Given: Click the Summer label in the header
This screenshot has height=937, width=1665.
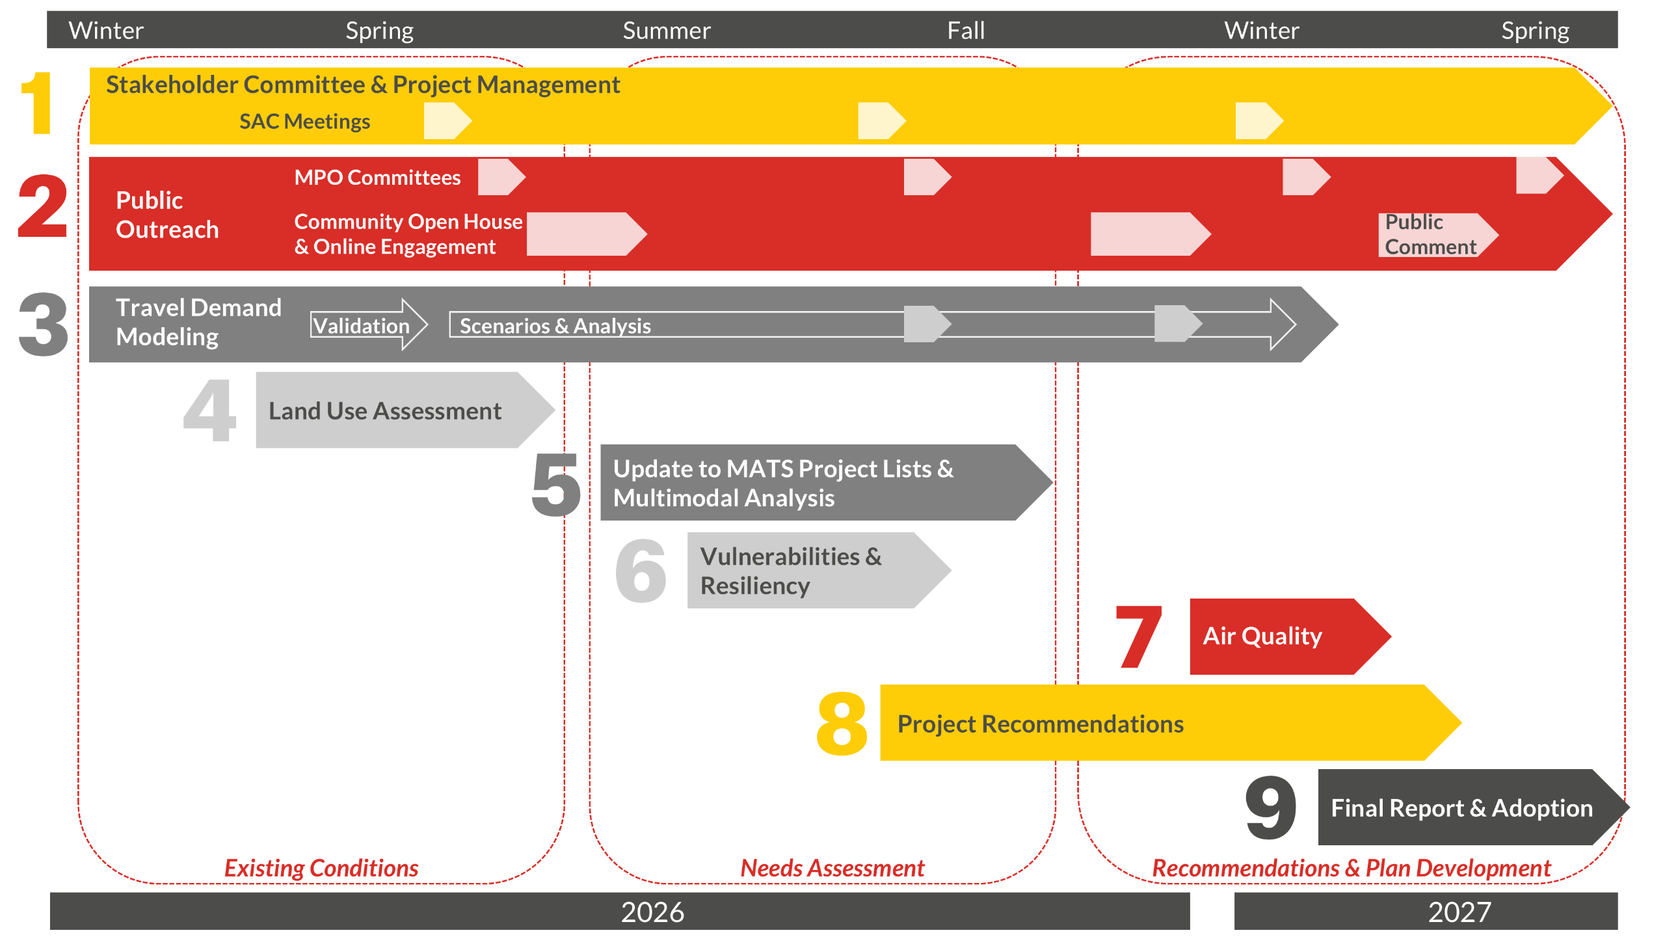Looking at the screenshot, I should [x=666, y=31].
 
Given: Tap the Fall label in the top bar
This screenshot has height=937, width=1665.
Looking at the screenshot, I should [x=965, y=31].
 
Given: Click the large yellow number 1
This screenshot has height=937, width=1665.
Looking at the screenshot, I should [x=38, y=103].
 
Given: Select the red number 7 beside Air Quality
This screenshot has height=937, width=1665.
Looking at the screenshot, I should [x=1138, y=636].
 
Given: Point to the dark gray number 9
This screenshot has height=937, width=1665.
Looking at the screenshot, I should [x=1270, y=807].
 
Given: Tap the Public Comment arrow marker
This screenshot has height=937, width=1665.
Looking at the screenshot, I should [x=1434, y=235].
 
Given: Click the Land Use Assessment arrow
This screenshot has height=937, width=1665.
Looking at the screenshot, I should [x=397, y=411].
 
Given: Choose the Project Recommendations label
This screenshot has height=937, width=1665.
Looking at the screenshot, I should [x=1040, y=724].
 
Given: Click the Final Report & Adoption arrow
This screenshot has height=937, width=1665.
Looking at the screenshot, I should [x=1463, y=808].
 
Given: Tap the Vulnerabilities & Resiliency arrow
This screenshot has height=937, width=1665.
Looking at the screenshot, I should [x=806, y=571].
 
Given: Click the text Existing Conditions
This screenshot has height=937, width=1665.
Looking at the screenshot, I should [x=321, y=868].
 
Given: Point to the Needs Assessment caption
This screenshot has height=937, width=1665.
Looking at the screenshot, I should [x=832, y=868].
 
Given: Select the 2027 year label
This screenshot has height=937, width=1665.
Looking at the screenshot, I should [x=1459, y=912].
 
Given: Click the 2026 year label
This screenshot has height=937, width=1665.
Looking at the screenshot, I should [x=652, y=912].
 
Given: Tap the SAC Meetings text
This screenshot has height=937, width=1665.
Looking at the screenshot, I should [x=304, y=122].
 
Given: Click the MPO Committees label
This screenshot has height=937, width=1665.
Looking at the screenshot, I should [x=377, y=177].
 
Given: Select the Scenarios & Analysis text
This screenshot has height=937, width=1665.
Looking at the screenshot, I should [x=555, y=325].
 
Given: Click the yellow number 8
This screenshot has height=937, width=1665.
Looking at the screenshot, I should [x=842, y=724].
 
